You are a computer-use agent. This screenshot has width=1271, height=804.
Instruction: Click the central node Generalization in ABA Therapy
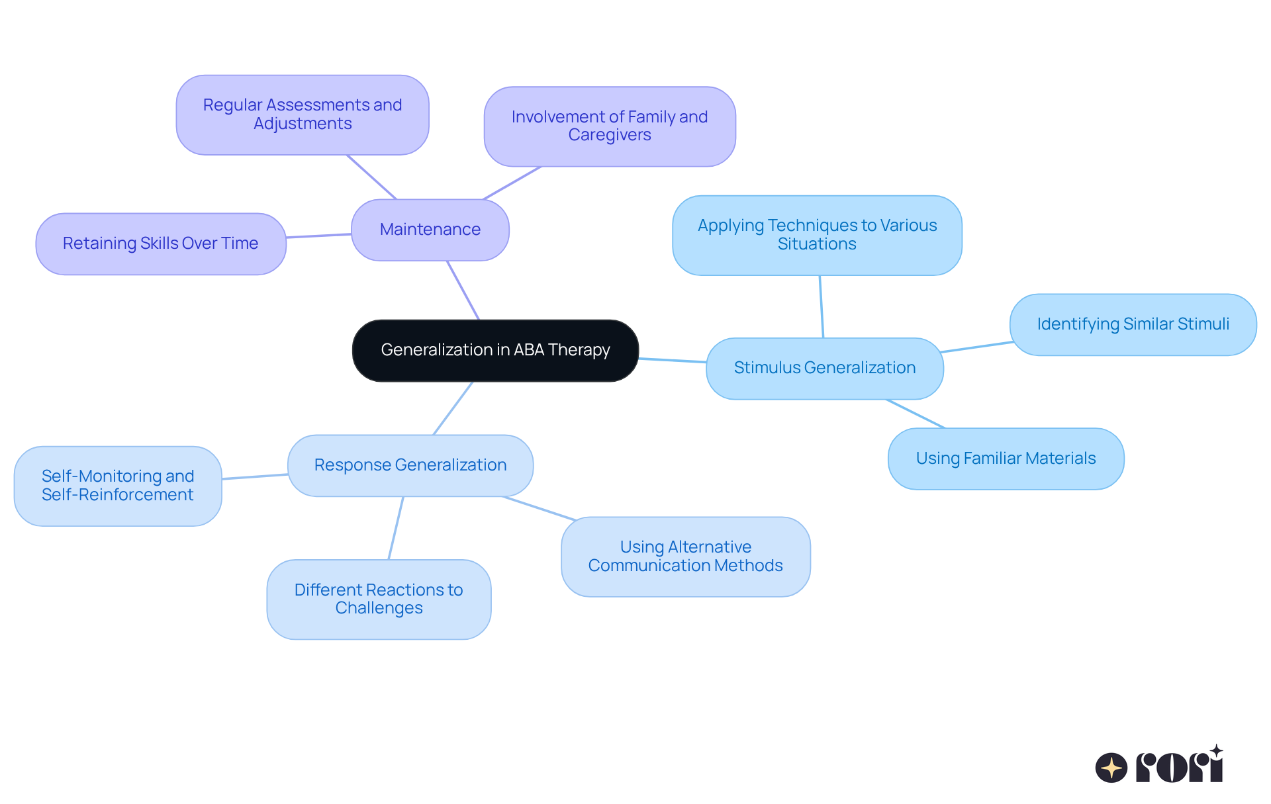click(495, 351)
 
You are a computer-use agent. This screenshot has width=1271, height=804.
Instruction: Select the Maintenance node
click(430, 230)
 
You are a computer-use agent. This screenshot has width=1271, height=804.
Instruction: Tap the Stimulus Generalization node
click(824, 368)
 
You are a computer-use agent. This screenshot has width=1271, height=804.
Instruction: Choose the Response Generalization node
click(410, 465)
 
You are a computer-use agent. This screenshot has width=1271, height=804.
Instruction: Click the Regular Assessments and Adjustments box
click(303, 114)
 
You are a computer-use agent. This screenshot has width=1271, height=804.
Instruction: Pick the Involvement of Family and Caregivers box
click(610, 126)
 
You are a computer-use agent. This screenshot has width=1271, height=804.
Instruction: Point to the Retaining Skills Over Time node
click(161, 244)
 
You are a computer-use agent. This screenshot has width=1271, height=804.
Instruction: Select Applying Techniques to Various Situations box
click(817, 235)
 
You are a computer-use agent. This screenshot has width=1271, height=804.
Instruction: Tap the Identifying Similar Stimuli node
click(1133, 324)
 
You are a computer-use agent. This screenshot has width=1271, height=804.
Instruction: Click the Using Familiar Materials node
click(1006, 459)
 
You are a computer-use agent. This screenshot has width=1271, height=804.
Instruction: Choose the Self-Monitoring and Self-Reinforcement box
click(118, 486)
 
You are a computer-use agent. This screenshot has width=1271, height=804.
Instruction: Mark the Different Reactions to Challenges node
click(379, 599)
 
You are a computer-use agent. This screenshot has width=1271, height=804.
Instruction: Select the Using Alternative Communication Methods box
click(685, 557)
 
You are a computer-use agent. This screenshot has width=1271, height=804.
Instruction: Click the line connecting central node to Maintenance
click(463, 290)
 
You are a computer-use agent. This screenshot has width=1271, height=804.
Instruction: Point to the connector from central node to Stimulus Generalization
click(672, 360)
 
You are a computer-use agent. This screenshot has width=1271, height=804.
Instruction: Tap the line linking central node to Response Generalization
click(453, 408)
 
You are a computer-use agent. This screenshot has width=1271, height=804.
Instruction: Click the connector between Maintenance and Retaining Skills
click(318, 236)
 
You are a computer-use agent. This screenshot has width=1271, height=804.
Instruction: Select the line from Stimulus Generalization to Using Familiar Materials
click(916, 414)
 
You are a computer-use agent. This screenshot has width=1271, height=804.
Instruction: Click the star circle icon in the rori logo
click(1111, 768)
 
